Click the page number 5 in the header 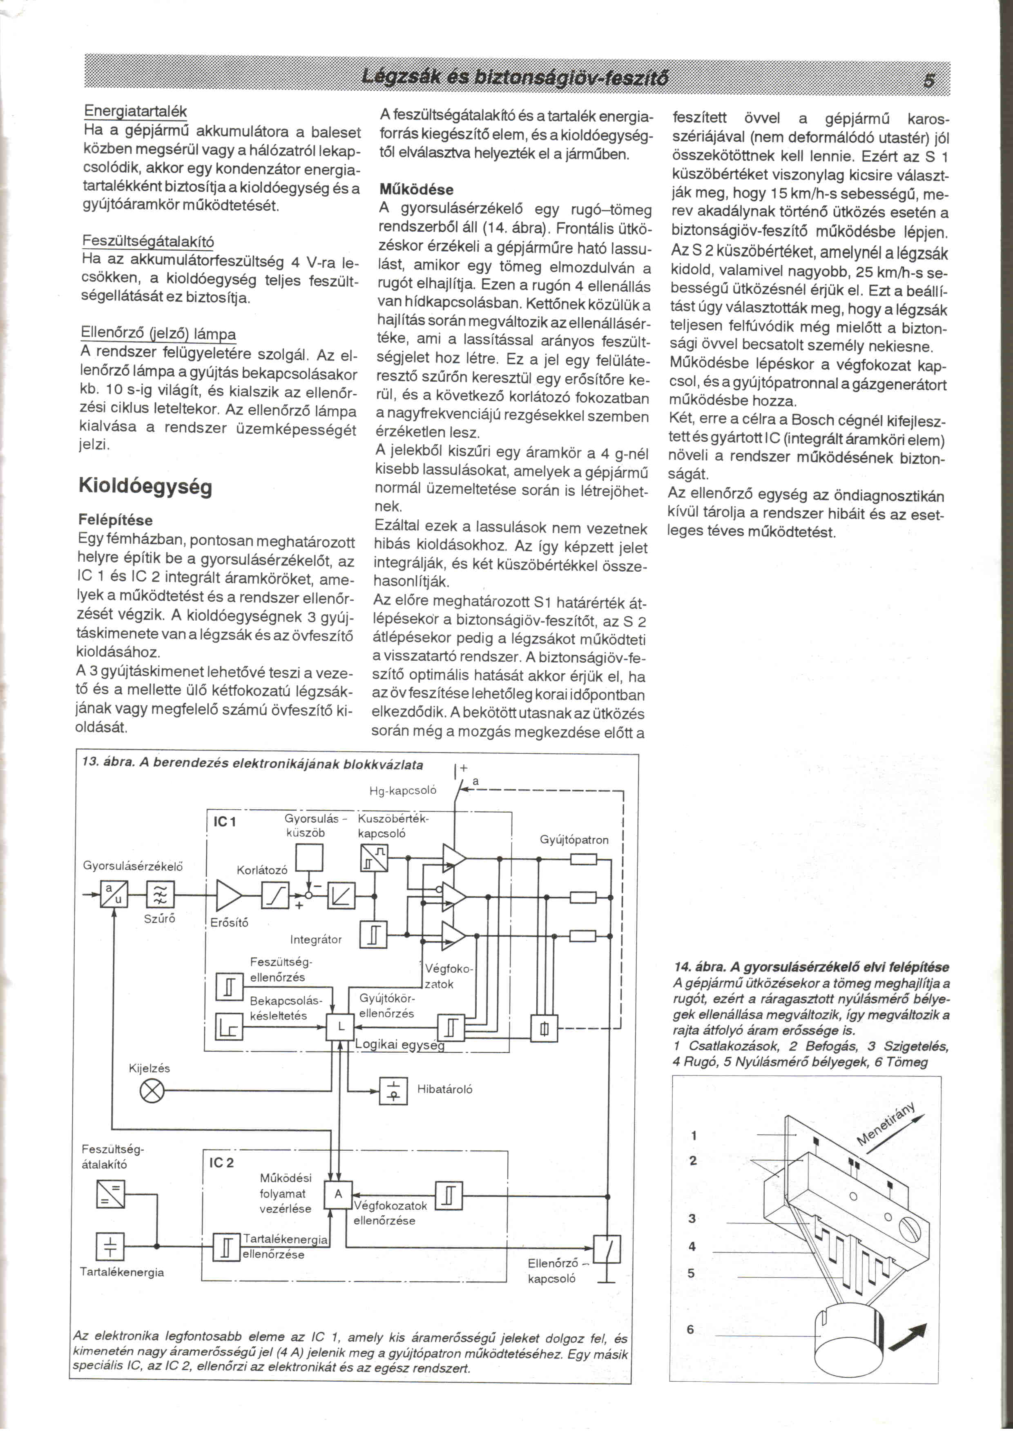point(929,80)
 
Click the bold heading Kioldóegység point(145,486)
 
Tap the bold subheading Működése point(416,189)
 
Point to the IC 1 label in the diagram point(225,822)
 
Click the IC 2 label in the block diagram point(221,1163)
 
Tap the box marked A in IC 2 point(339,1194)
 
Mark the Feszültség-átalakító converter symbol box point(110,1194)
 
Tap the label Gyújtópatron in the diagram point(574,840)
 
